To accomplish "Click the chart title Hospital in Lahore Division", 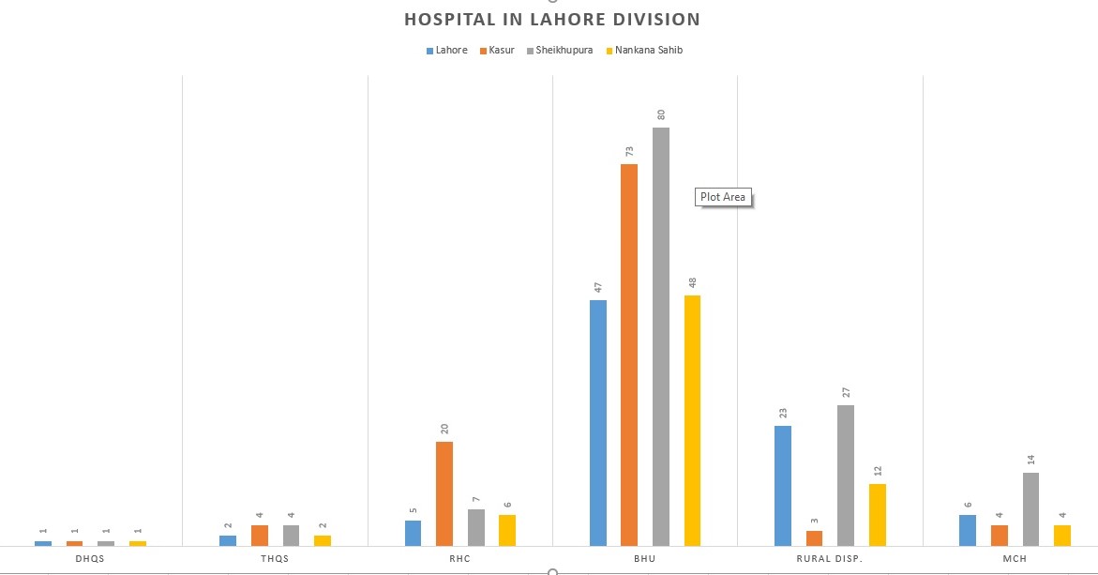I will [x=551, y=19].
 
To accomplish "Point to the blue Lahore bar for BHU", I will [x=598, y=422].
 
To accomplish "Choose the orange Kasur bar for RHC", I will [x=444, y=493].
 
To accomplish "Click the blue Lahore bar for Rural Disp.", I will [x=783, y=485].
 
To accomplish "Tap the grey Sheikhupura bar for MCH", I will [x=1030, y=508].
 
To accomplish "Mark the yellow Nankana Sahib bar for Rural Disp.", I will [x=877, y=514].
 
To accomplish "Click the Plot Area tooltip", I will [x=723, y=197].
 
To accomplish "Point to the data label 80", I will [x=661, y=114].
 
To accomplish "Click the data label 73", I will [x=630, y=151].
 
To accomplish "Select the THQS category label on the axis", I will [x=275, y=559].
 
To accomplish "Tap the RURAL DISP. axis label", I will [x=830, y=559].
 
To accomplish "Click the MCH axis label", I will [x=1015, y=559].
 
